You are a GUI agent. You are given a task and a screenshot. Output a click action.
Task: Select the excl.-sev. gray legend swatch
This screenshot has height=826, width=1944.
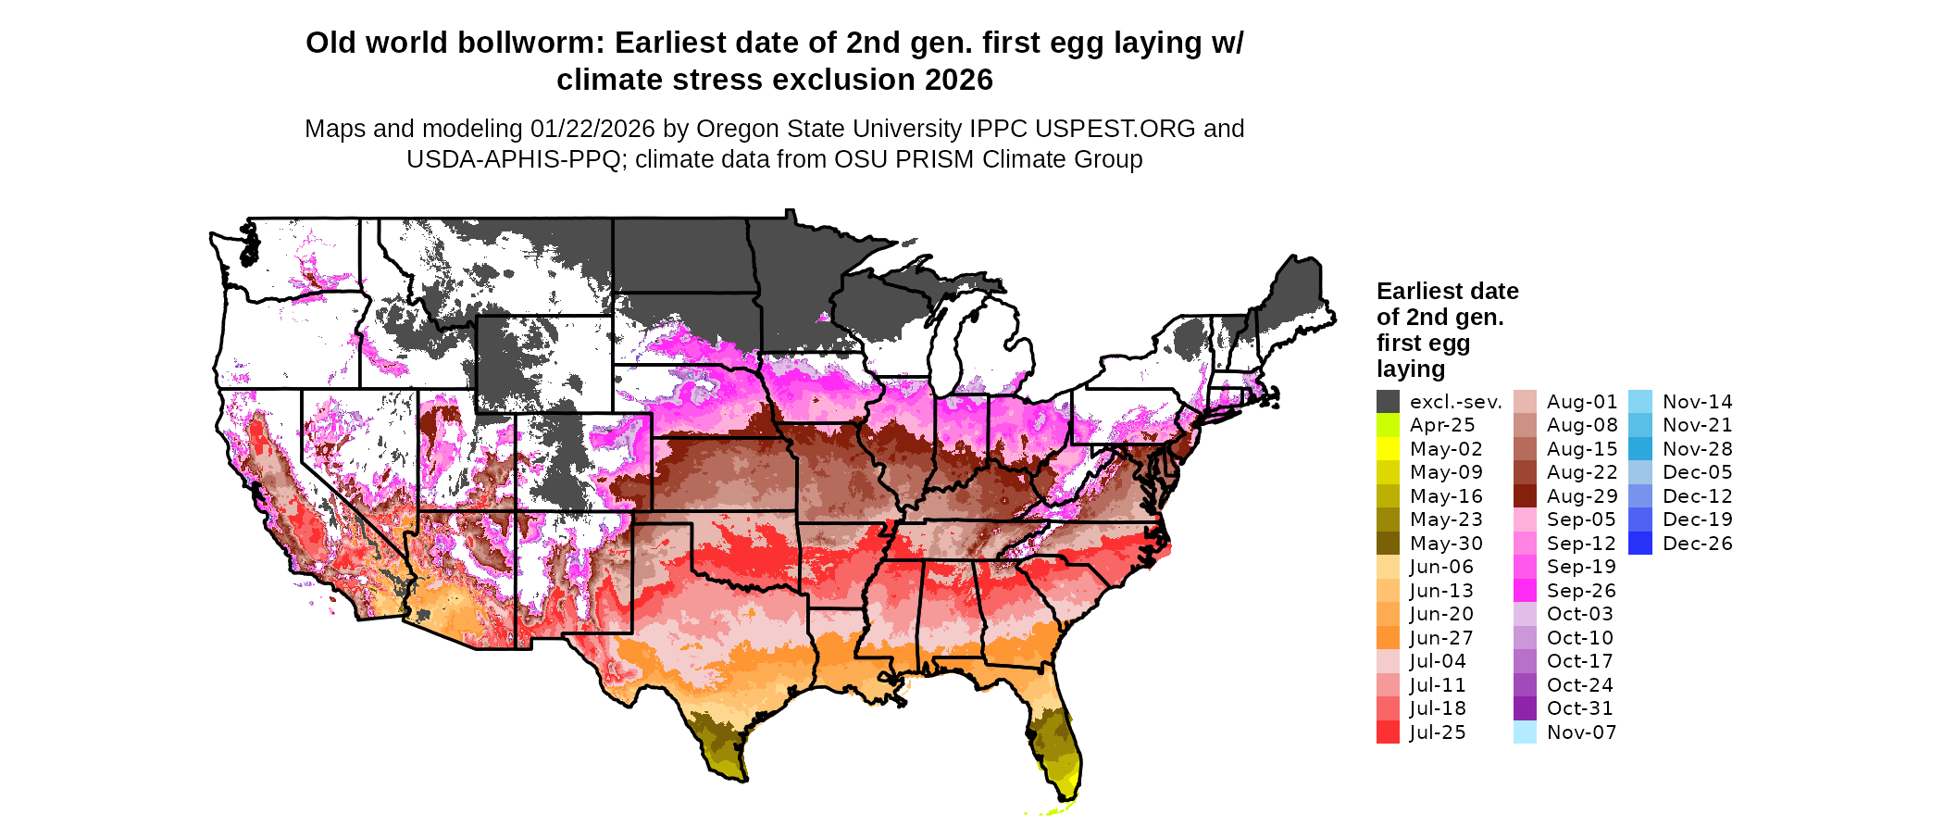click(x=1388, y=402)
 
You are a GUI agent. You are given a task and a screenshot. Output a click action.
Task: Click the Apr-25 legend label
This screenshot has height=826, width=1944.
click(x=1441, y=425)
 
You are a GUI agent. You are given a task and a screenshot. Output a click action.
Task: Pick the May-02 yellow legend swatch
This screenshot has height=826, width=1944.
click(x=1388, y=449)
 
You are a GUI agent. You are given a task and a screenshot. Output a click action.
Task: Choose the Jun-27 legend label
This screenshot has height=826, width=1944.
click(x=1440, y=638)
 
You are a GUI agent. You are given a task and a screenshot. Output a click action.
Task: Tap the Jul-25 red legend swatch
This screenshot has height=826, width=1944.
click(x=1388, y=732)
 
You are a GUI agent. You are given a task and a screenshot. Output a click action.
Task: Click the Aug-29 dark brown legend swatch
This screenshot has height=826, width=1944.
click(x=1525, y=496)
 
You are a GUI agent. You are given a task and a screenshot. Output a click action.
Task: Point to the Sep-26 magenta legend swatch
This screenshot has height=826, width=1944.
click(x=1525, y=591)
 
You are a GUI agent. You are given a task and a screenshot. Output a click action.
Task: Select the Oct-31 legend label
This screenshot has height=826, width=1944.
click(x=1579, y=708)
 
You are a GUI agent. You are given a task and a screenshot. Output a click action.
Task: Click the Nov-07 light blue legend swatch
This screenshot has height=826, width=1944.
click(x=1525, y=732)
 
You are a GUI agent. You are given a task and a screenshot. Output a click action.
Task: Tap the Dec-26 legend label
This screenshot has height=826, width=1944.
click(x=1697, y=544)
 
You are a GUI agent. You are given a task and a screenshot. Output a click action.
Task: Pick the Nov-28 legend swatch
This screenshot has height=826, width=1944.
click(x=1639, y=449)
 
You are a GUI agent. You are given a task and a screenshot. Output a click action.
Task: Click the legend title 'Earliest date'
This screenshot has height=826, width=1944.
click(x=1447, y=292)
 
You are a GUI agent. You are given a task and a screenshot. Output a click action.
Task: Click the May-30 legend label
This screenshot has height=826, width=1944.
click(x=1445, y=544)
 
